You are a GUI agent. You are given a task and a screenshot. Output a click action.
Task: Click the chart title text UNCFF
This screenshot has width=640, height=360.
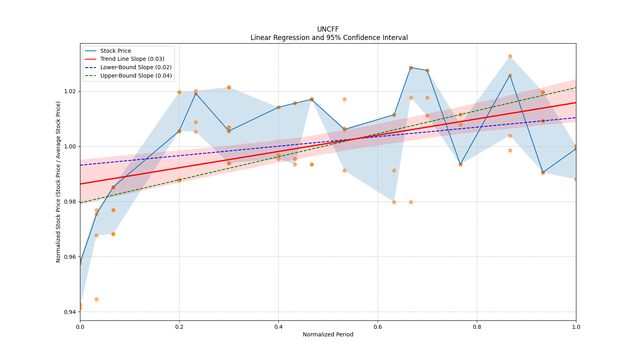(x=328, y=29)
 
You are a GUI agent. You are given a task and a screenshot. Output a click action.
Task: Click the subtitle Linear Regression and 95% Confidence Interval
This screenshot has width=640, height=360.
(x=329, y=38)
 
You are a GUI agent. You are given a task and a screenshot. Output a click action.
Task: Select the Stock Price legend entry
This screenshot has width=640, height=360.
(x=116, y=51)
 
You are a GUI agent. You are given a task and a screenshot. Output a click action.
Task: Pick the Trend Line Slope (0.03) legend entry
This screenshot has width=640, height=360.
(x=132, y=59)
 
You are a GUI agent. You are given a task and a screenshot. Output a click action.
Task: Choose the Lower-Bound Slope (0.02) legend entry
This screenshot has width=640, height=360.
(x=136, y=67)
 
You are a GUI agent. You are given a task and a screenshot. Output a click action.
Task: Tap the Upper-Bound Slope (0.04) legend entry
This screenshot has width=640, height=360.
(x=136, y=76)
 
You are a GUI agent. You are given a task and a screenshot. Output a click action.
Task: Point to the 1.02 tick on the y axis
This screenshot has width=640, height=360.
(x=70, y=91)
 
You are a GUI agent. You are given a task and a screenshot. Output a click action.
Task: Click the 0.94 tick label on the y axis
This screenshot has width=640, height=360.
(x=70, y=312)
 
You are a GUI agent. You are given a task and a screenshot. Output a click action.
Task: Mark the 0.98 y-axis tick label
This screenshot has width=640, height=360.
(x=70, y=202)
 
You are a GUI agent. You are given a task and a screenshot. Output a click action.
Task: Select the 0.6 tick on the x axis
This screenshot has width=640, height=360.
(x=378, y=327)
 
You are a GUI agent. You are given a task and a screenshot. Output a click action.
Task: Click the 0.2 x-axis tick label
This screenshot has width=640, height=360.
(x=179, y=327)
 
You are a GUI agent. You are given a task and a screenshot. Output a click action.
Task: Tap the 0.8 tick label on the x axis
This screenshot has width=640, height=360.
(x=477, y=327)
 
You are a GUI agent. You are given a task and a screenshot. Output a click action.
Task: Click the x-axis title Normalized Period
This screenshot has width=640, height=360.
(x=328, y=334)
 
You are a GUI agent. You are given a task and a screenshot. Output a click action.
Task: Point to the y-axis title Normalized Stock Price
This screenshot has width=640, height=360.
(x=58, y=182)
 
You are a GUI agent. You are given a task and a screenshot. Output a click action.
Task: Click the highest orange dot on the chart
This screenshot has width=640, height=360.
(x=510, y=56)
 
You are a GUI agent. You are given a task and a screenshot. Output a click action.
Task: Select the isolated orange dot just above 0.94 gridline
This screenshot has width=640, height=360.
(x=96, y=299)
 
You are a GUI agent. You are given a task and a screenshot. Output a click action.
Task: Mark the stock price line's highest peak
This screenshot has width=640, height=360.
(x=411, y=68)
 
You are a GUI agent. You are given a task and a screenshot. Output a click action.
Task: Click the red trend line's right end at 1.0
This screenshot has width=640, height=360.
(x=576, y=103)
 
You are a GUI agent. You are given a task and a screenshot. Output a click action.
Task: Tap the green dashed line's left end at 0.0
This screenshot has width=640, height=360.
(x=80, y=203)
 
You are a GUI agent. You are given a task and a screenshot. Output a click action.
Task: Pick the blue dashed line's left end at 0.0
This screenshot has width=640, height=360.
(x=80, y=165)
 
